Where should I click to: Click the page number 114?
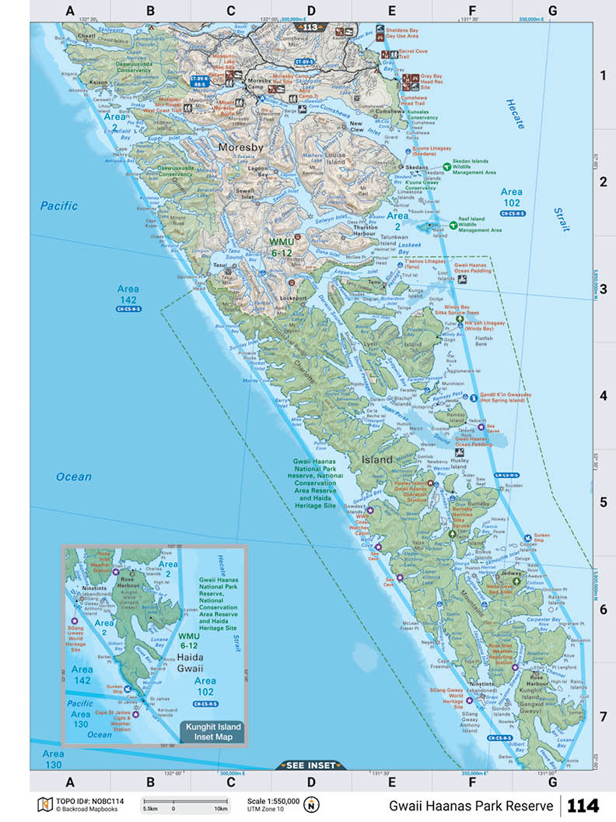click(x=583, y=805)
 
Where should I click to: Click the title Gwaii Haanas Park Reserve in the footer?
click(x=472, y=805)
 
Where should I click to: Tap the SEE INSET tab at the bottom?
click(x=310, y=765)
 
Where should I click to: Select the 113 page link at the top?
click(x=310, y=26)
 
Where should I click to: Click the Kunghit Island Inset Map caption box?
click(x=212, y=731)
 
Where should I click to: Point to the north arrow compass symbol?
click(x=312, y=805)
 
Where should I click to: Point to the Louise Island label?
click(x=335, y=159)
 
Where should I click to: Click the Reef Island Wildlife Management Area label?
click(x=479, y=225)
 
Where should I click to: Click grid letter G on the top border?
click(x=552, y=11)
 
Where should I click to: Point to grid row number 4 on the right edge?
click(x=601, y=395)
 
